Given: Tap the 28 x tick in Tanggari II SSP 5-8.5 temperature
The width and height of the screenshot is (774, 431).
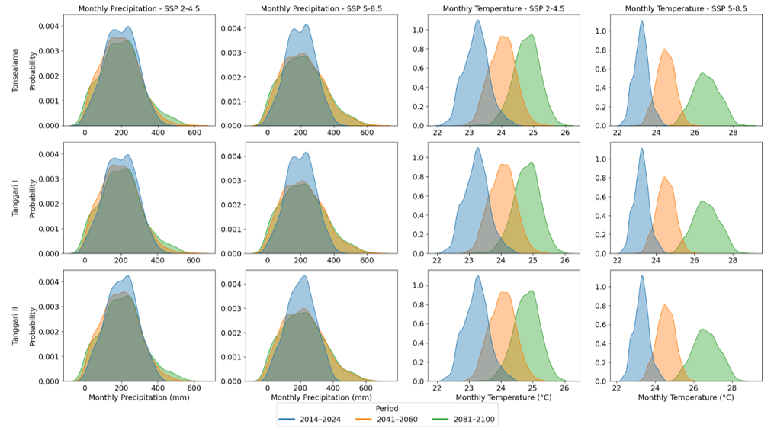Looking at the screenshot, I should tap(732, 388).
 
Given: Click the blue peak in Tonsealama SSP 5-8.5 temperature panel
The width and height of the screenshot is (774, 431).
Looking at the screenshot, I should tap(641, 21).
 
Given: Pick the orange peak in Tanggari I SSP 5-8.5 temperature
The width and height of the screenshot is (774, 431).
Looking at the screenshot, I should tap(665, 178).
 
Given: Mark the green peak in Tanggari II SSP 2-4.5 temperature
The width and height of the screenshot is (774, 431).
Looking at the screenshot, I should tap(532, 291).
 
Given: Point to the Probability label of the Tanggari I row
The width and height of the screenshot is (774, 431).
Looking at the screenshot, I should tap(32, 200).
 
